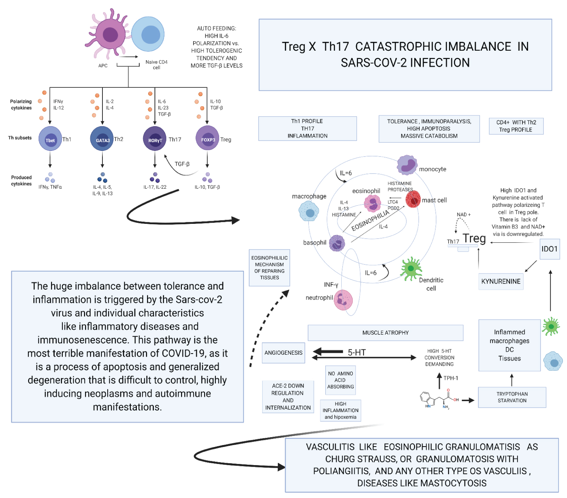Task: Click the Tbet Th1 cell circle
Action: coord(50,139)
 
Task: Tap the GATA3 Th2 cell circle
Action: coord(102,139)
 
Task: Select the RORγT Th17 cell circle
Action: coord(155,139)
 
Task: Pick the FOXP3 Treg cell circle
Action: coord(207,138)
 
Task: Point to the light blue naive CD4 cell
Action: coord(148,34)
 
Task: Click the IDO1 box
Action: coord(550,249)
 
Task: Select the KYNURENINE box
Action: coord(501,281)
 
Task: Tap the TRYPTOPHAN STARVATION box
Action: coord(512,397)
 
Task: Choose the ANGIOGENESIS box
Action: coord(283,353)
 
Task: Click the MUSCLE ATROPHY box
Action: coord(386,333)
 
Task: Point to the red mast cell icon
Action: coord(413,199)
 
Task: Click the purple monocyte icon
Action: coord(407,165)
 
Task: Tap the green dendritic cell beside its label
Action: coord(411,269)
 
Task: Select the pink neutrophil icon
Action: coord(343,300)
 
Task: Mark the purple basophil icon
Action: coord(337,243)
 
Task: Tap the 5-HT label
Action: coord(357,352)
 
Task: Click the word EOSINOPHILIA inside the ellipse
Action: coord(370,220)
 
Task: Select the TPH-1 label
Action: coord(451,378)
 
